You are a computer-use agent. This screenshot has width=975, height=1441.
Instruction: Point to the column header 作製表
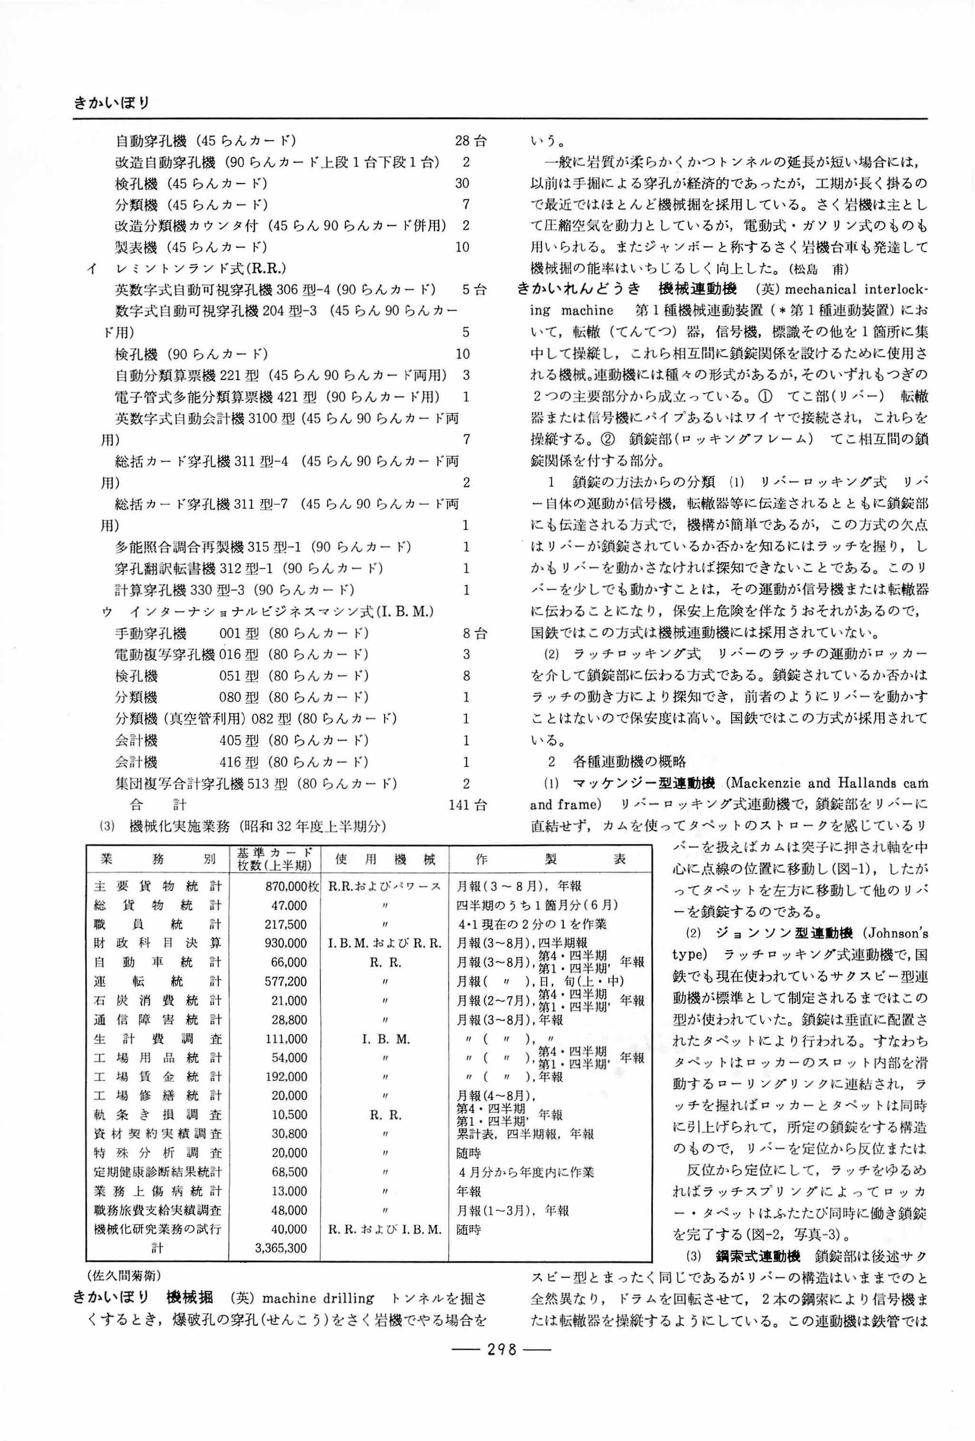pos(550,859)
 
